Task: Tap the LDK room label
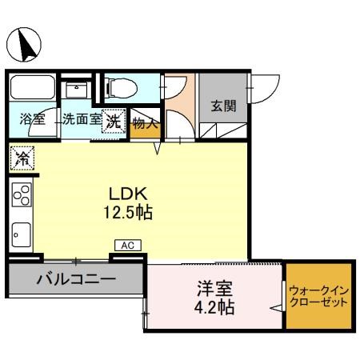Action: click(126, 194)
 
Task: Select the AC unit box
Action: click(127, 246)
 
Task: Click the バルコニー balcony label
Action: click(76, 280)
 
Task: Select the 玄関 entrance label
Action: click(223, 106)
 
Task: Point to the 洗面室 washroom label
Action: click(82, 122)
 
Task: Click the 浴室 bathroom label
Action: click(33, 122)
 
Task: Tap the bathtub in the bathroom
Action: click(33, 87)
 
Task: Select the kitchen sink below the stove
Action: click(22, 234)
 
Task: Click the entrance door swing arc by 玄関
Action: click(266, 89)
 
